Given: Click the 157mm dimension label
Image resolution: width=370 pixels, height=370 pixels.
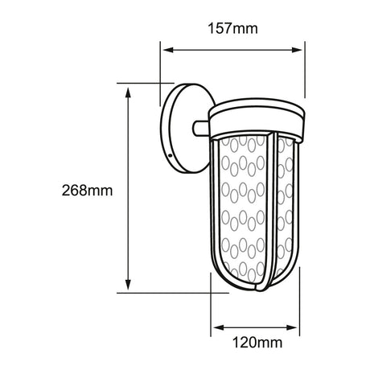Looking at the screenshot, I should click(x=233, y=30).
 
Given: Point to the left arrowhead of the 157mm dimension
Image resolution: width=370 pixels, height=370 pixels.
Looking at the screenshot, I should click(x=167, y=51).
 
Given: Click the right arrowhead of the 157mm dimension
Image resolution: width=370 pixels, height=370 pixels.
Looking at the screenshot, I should click(x=301, y=51).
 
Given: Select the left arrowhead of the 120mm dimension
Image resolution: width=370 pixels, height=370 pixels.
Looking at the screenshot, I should click(x=215, y=329).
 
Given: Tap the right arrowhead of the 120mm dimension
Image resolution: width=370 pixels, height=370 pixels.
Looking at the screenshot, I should click(x=297, y=329).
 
